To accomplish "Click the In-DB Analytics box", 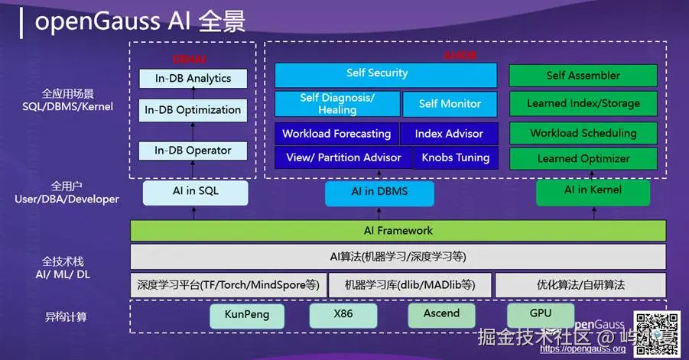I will click(193, 79).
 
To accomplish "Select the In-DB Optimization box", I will click(193, 110).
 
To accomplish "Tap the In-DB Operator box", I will click(193, 151).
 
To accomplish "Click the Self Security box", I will click(385, 74).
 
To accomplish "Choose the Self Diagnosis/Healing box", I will click(337, 104).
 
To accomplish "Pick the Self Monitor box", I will click(450, 104).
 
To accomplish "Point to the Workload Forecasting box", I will click(336, 134).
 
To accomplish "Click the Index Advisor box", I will click(449, 134).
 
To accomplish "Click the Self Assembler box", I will click(583, 76).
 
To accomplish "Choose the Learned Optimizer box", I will click(583, 159).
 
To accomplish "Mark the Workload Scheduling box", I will click(583, 133).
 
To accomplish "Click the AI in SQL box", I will click(195, 192).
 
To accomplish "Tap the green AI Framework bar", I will click(398, 230).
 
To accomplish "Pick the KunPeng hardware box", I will click(247, 315).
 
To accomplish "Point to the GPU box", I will click(540, 314).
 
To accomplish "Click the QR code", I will click(656, 334).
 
